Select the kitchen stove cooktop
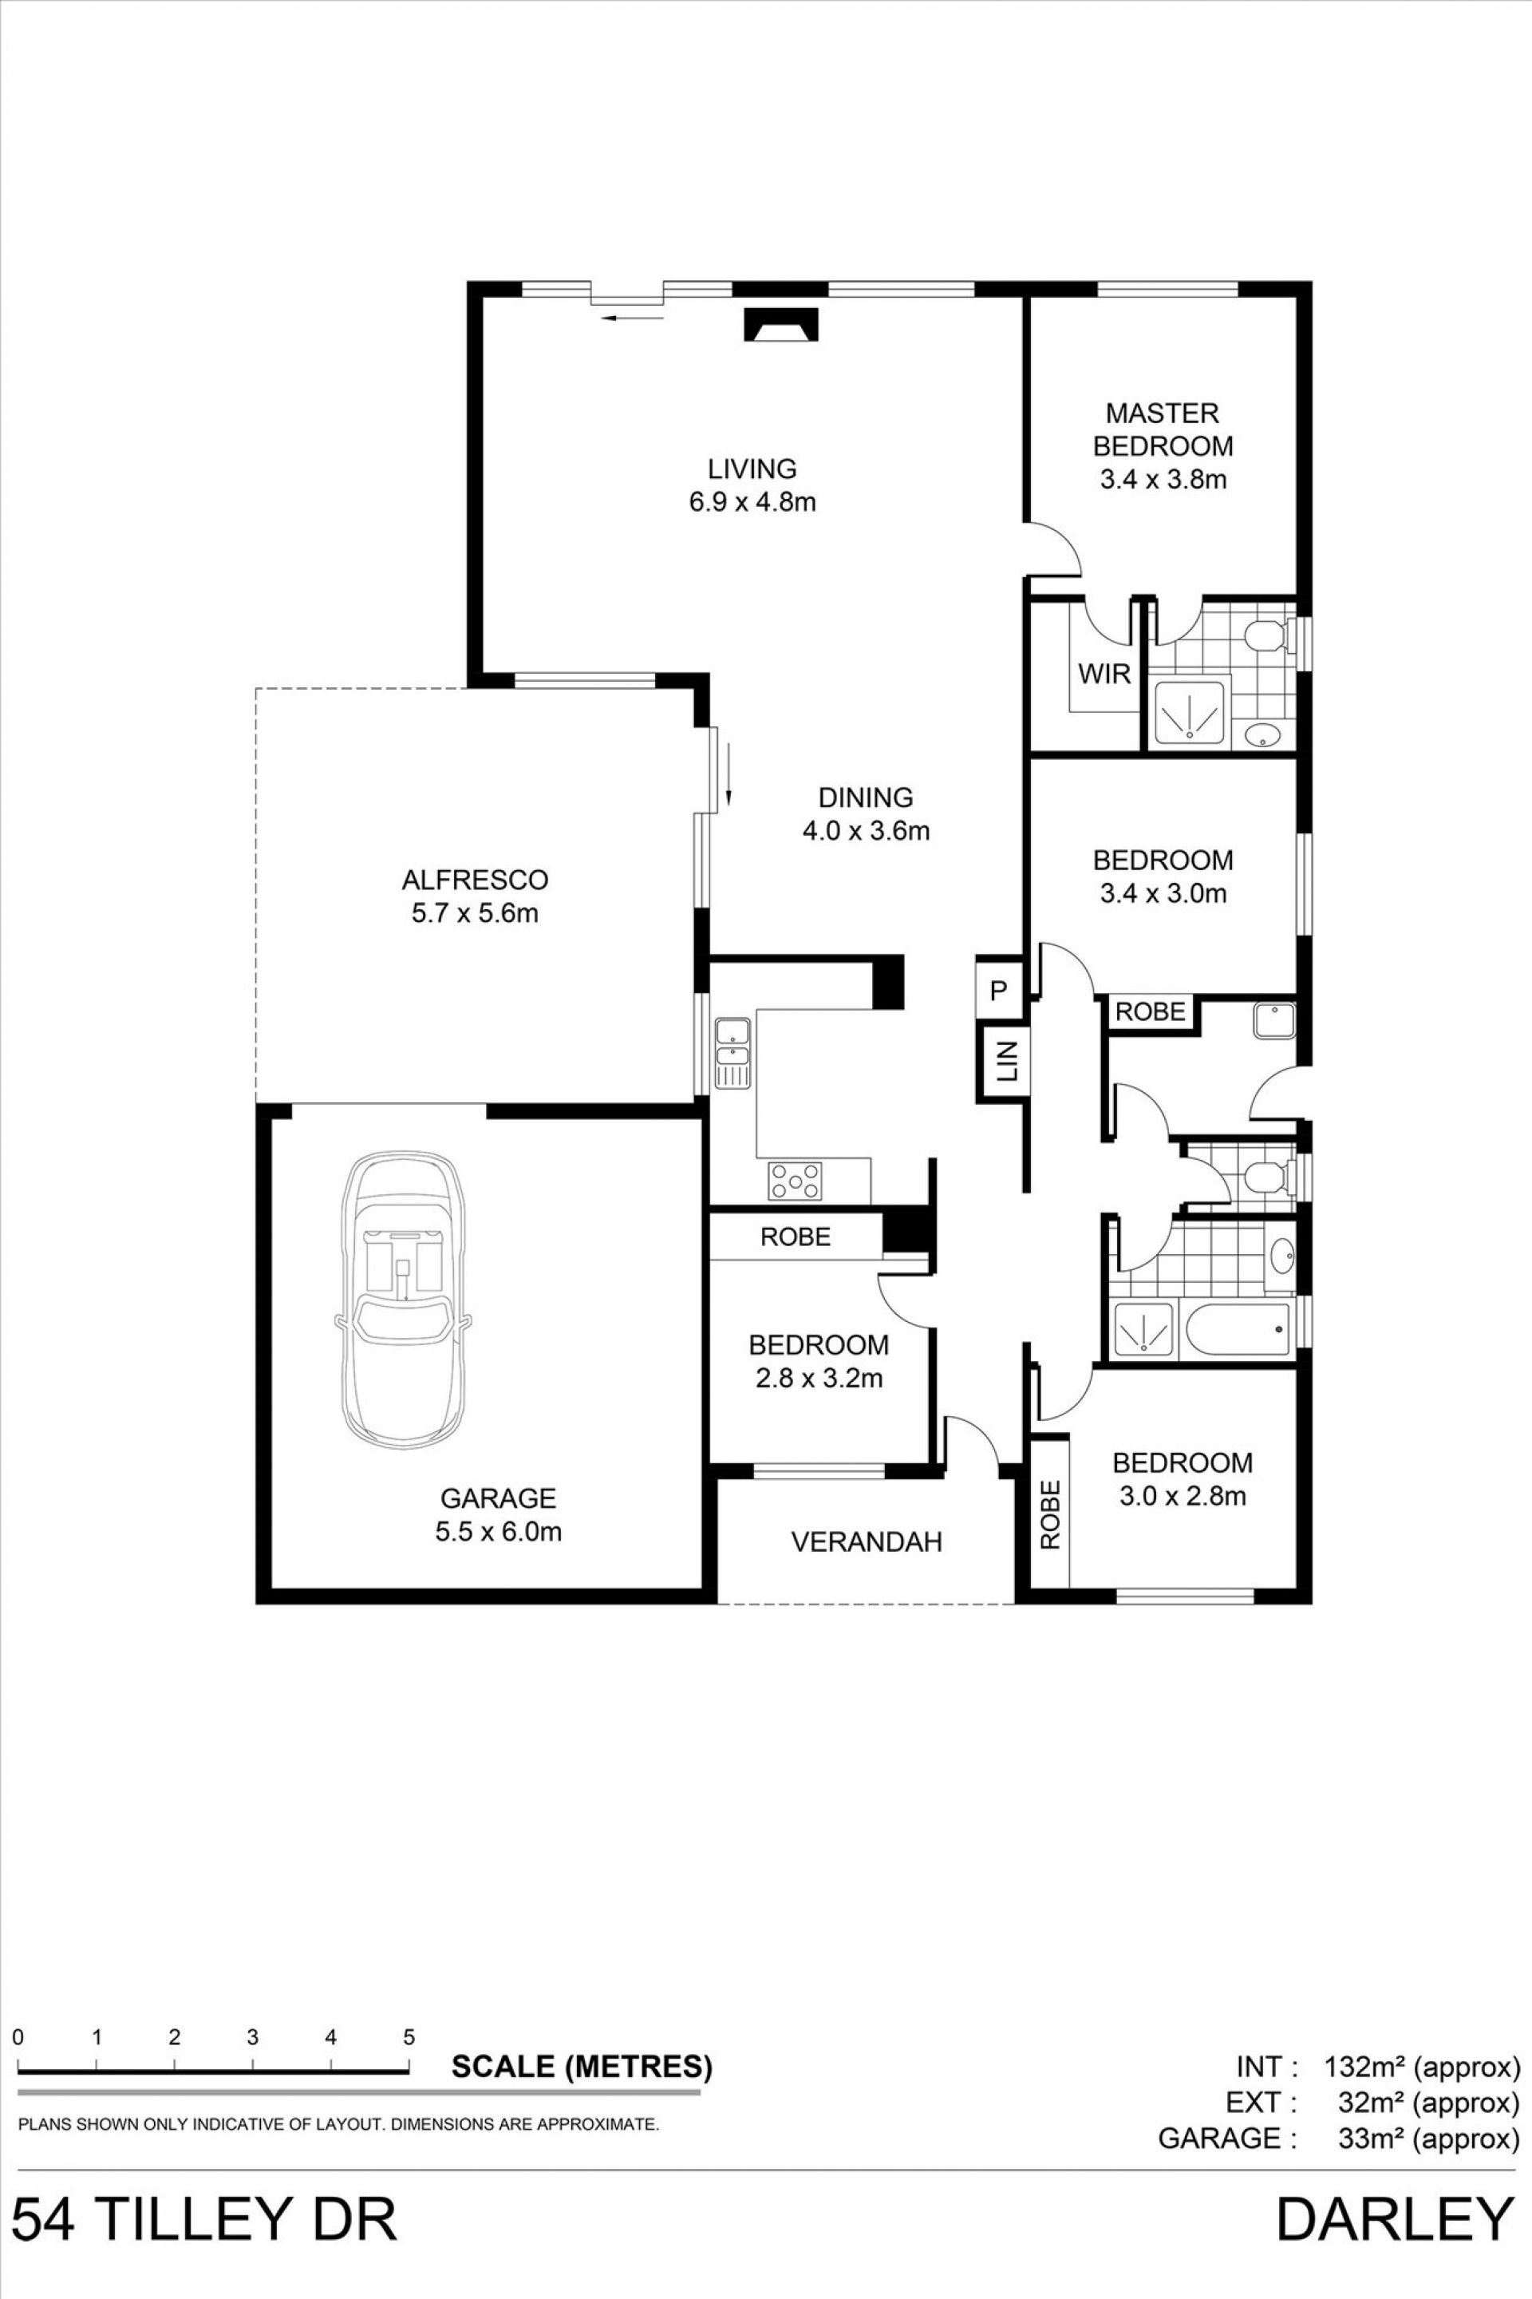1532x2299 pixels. click(796, 1181)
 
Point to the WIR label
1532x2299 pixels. click(1104, 674)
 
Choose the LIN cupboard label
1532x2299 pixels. click(1006, 1062)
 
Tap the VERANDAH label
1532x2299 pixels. click(866, 1542)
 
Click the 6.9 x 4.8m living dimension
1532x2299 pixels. click(752, 502)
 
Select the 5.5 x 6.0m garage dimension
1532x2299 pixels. click(498, 1532)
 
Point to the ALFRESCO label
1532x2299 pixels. click(475, 880)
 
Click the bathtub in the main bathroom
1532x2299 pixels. click(1236, 1329)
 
